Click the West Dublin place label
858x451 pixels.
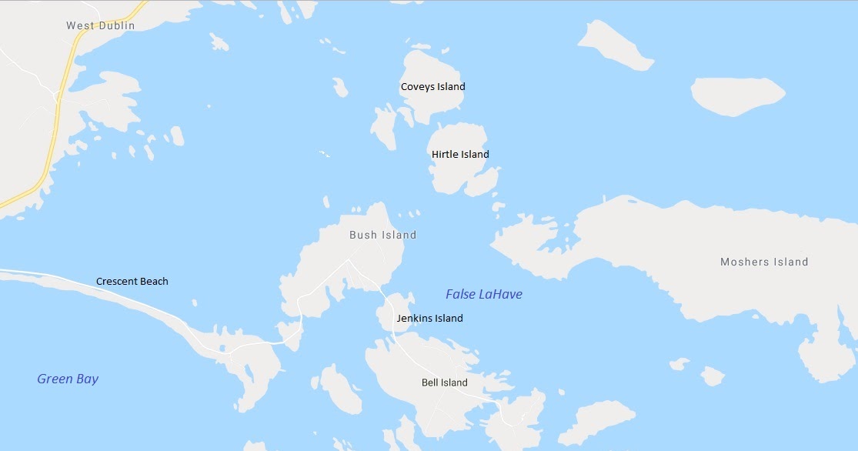pos(100,25)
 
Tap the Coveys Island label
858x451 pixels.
pos(432,87)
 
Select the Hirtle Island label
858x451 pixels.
pos(460,155)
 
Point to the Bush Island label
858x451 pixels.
pos(382,235)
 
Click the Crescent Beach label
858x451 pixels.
pos(132,282)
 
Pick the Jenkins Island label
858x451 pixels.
pos(429,319)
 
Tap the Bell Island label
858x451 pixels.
pos(444,383)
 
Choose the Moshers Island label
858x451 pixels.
pos(764,262)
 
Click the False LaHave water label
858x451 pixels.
pos(484,294)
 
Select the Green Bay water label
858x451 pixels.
pos(68,379)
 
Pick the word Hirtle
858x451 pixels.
pos(446,155)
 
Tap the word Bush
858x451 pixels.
pos(364,235)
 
